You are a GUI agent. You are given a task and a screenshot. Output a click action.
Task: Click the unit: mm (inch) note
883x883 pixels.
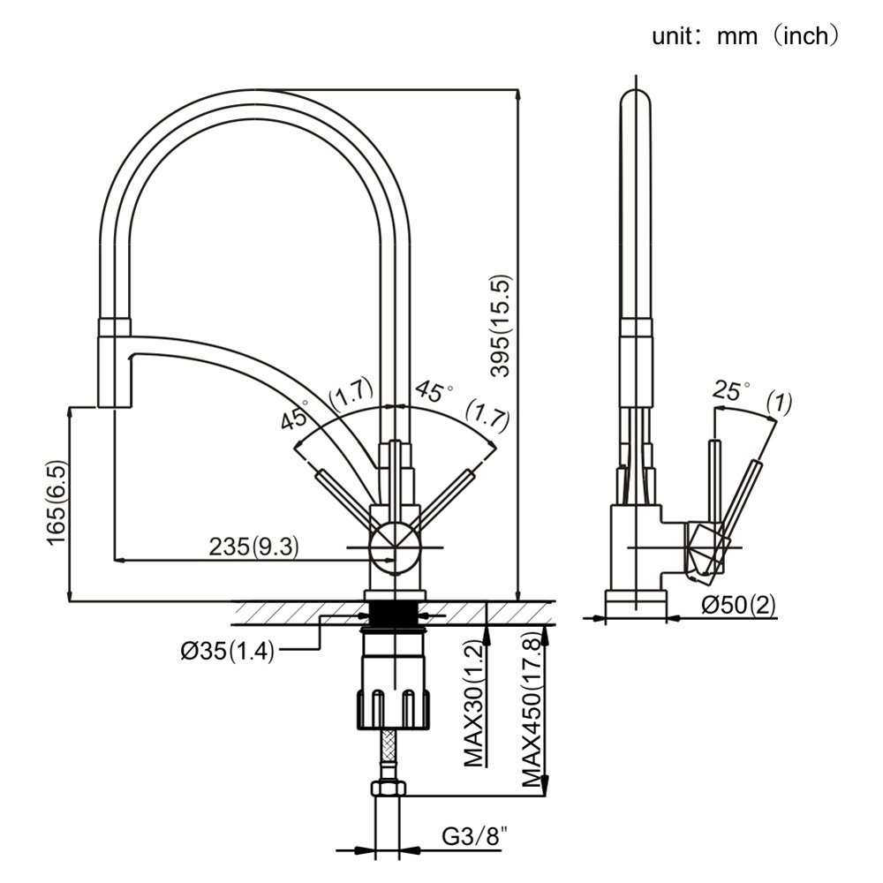[x=744, y=36]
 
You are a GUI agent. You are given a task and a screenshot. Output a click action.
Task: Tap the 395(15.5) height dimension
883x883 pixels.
[x=502, y=327]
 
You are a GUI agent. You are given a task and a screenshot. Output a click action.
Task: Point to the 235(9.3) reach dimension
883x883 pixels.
[x=253, y=547]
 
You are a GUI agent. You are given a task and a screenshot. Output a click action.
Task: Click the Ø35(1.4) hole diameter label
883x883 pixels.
[x=227, y=652]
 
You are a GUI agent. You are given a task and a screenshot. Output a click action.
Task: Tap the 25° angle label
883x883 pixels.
[x=731, y=391]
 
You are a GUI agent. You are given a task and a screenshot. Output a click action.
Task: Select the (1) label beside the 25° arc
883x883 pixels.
[x=779, y=404]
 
